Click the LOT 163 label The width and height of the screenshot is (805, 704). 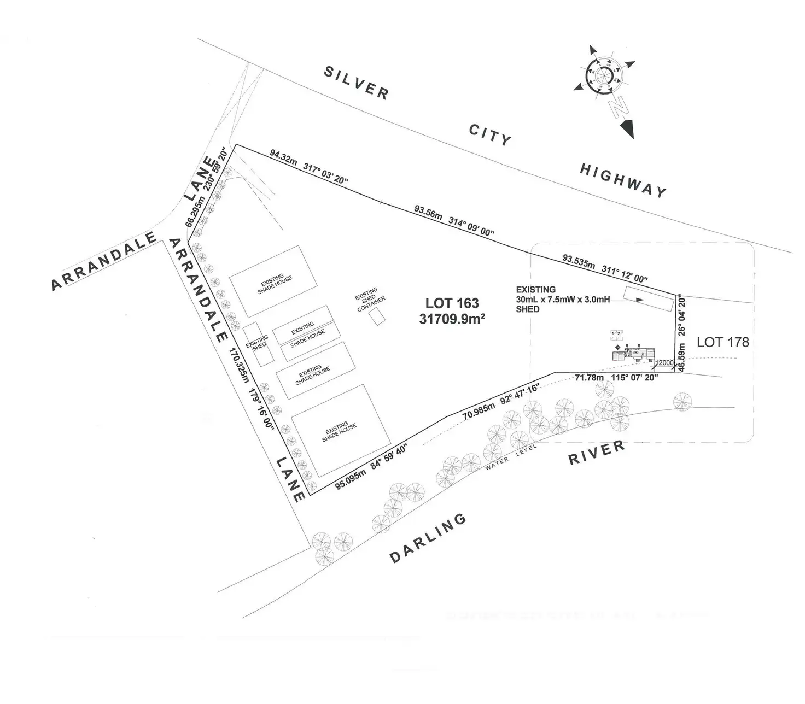[452, 303]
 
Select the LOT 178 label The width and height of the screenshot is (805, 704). [722, 343]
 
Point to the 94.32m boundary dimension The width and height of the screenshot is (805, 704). [283, 155]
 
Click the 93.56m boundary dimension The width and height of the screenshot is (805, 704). [428, 212]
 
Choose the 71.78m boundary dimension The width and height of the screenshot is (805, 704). [589, 377]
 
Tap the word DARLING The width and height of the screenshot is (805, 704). [428, 538]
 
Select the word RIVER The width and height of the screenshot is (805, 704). [597, 453]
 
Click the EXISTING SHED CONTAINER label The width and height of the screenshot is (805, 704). [370, 299]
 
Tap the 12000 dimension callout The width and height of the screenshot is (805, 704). [664, 363]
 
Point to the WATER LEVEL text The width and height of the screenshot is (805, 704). [511, 454]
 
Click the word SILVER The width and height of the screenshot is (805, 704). [357, 82]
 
